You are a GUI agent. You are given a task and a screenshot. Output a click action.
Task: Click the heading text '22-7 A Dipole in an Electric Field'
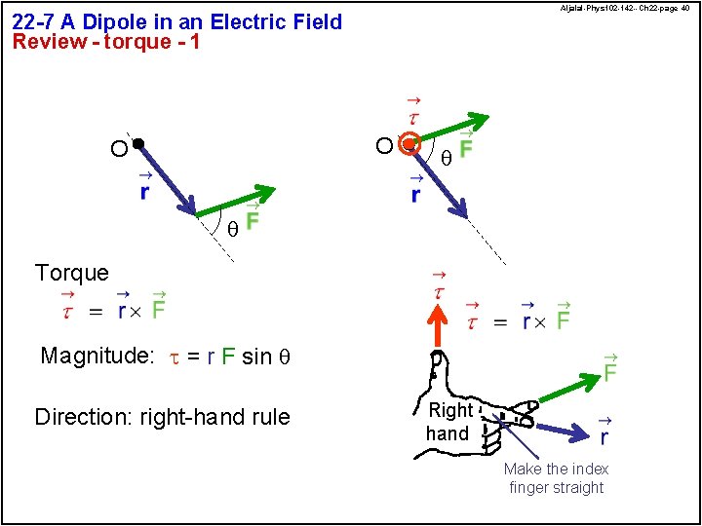176,21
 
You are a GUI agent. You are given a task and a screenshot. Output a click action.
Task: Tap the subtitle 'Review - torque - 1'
105,42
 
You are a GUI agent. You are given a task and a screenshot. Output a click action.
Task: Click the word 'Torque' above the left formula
71,273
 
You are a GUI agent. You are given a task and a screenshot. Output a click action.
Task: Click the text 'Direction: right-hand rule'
162,417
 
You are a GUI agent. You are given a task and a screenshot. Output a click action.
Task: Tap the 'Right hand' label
449,422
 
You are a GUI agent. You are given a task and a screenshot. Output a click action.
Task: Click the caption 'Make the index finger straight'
556,477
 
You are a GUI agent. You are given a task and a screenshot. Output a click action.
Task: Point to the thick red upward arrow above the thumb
439,326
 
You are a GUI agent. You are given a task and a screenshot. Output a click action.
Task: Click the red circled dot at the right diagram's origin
410,144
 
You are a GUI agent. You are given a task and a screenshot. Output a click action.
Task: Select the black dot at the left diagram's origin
138,144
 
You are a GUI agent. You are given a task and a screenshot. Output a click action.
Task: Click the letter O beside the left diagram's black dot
117,148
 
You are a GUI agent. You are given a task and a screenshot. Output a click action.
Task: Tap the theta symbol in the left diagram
231,230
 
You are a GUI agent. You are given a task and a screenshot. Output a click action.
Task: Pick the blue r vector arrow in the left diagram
168,179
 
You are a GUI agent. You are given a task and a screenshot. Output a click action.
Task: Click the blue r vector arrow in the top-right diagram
440,180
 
